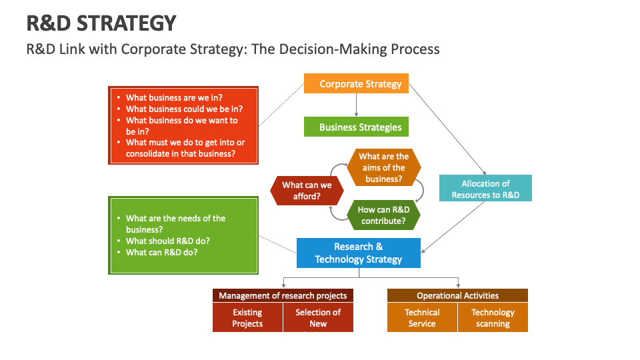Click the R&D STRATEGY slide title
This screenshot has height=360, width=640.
coord(101,23)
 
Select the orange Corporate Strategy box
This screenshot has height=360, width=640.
coord(360,84)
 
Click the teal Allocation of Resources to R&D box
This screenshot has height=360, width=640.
coord(485,189)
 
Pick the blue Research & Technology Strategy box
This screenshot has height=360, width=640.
coord(359,253)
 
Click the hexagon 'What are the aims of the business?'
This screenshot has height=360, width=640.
coord(383,167)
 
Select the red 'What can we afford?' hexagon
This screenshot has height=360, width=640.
coord(307,191)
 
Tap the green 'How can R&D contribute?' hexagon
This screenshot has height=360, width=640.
coord(383,215)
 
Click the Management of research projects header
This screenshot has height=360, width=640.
coord(283,295)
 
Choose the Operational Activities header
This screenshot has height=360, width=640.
coord(457,295)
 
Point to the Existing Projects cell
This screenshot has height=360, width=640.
coord(247,317)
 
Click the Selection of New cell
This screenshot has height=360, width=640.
coord(318,317)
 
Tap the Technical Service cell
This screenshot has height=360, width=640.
coord(422,317)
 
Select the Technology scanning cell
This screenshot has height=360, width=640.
coord(493,317)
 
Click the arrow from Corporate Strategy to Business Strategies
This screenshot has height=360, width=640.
coord(357,105)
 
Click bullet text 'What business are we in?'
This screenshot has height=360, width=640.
coord(173,97)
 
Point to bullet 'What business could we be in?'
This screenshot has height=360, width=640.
coord(184,109)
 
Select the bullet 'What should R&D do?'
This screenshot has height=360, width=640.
coord(167,241)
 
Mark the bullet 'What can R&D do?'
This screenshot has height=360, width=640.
coord(161,252)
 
